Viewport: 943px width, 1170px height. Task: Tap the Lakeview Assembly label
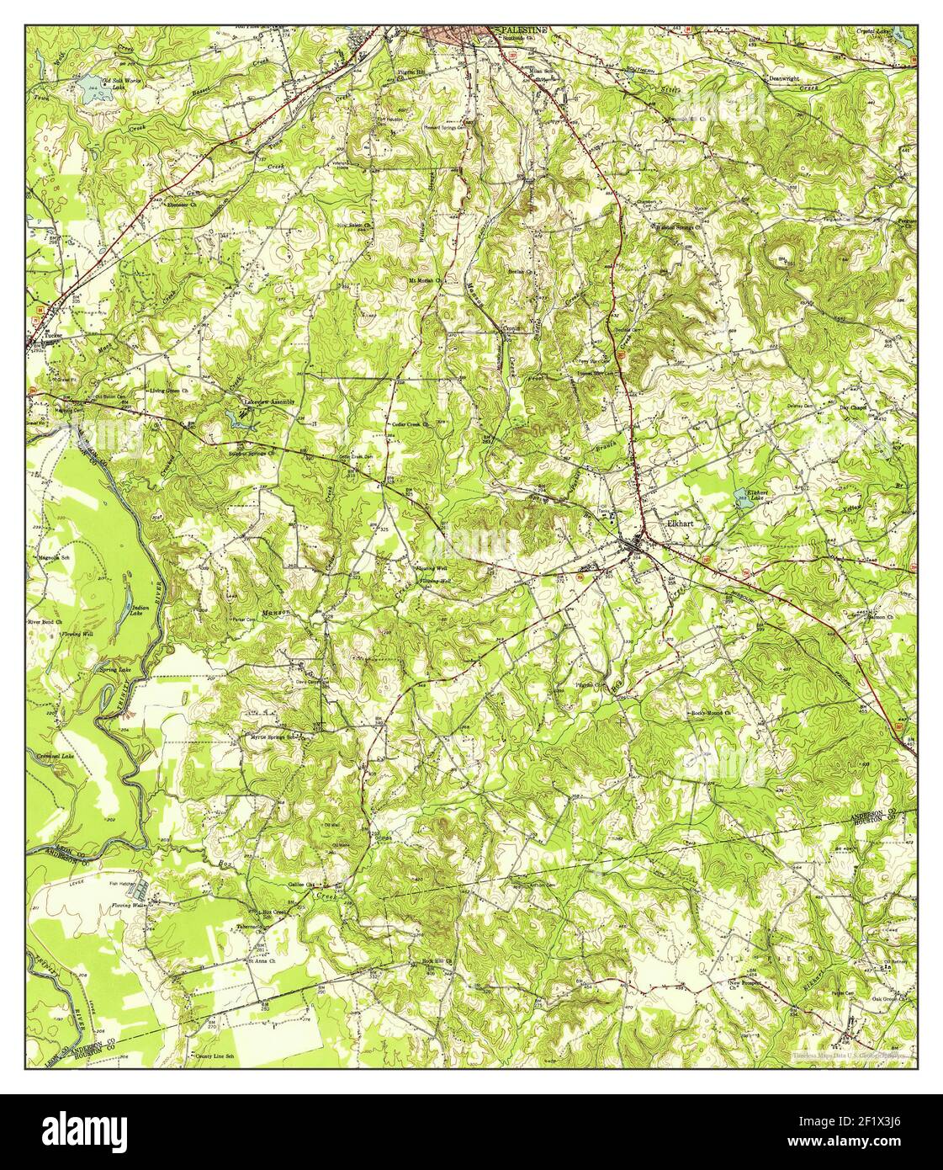pos(269,402)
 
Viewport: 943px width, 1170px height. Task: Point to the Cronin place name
pos(512,328)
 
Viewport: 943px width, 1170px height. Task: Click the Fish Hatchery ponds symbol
pos(144,888)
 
